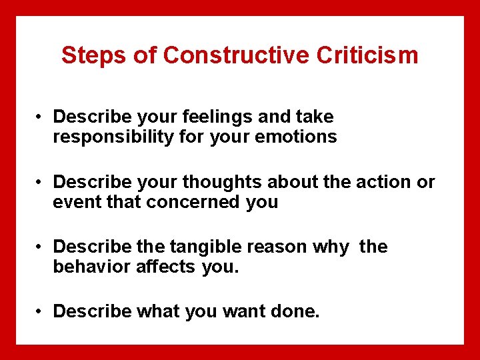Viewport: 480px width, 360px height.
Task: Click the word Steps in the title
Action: click(x=93, y=55)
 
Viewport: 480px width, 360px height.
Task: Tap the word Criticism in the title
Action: click(x=367, y=55)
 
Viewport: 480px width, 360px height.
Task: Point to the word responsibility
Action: click(x=111, y=137)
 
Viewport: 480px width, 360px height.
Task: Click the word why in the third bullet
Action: click(x=333, y=247)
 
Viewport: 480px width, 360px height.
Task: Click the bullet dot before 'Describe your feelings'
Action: click(x=41, y=117)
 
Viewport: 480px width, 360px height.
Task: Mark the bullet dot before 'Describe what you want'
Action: click(x=41, y=311)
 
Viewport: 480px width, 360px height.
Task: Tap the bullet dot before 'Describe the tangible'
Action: click(x=41, y=247)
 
